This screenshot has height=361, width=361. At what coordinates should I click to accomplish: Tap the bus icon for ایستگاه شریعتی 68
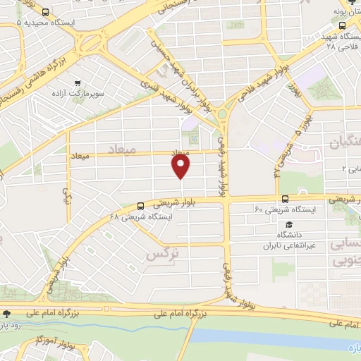pos(142,207)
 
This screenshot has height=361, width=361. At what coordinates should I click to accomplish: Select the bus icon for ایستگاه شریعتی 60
pos(285,200)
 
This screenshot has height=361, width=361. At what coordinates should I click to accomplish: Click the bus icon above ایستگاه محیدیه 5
pos(46,12)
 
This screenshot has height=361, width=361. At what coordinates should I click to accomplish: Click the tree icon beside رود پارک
pos(6,314)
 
